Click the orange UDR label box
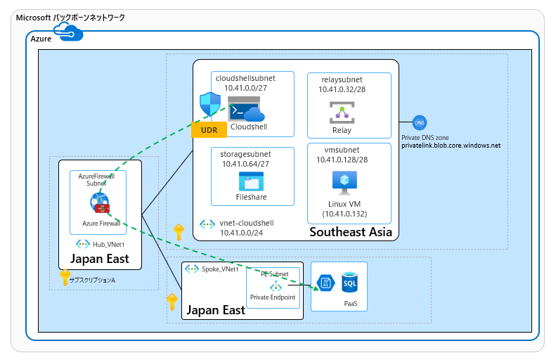tap(208, 130)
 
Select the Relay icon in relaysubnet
tap(342, 112)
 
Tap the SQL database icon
tap(350, 283)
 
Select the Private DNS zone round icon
tap(420, 123)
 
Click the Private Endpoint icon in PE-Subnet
tap(276, 287)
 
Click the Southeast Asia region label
tap(350, 231)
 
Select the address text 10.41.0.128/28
tap(342, 160)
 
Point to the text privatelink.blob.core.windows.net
tap(451, 146)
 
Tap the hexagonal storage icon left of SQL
tap(327, 283)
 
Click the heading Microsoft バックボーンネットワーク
tap(70, 17)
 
